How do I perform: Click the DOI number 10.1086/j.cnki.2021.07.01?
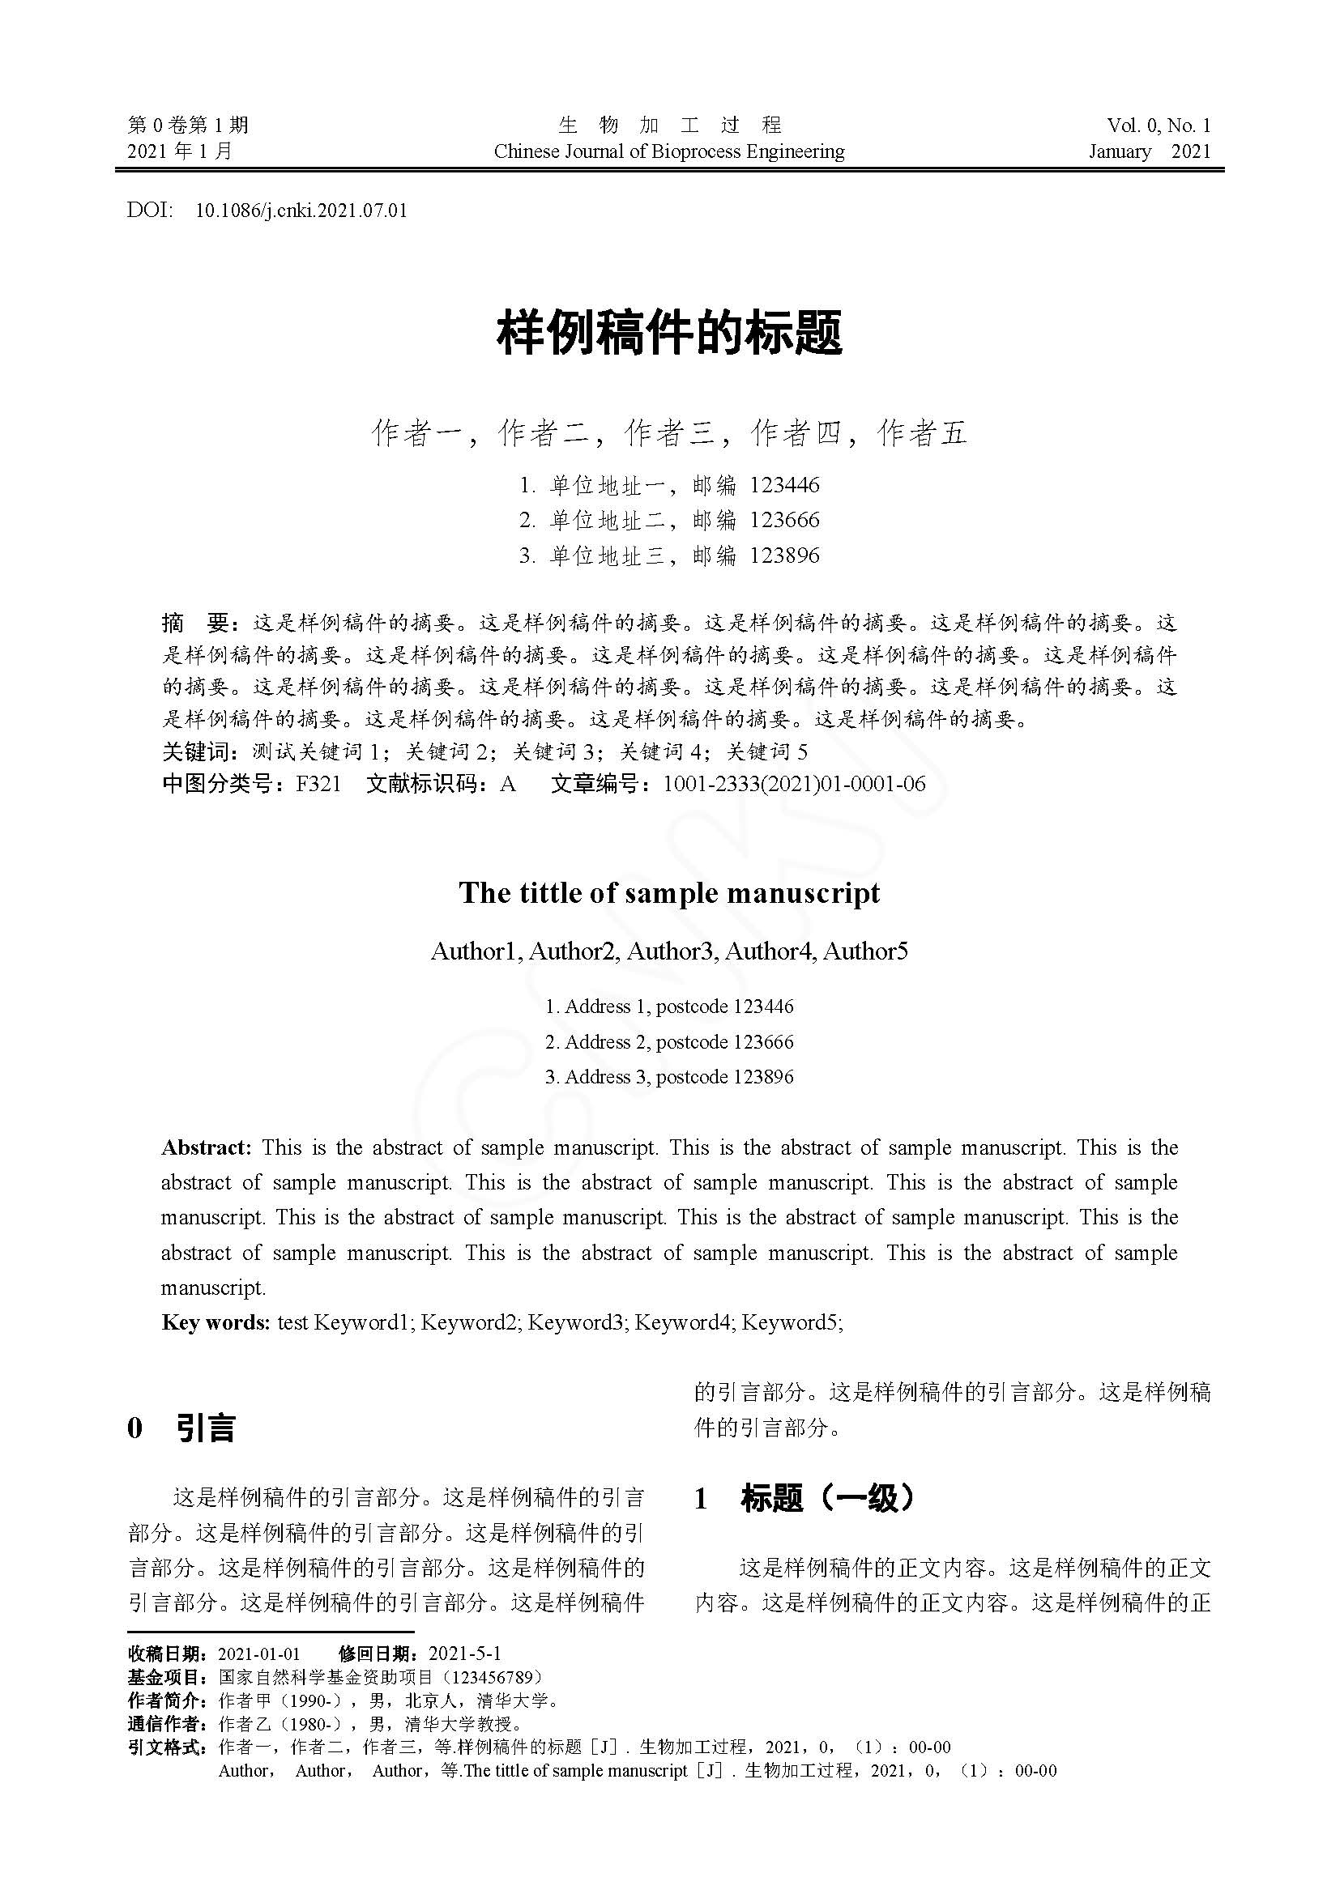click(301, 211)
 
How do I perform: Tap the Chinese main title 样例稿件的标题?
click(669, 333)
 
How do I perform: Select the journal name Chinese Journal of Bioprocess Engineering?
click(669, 151)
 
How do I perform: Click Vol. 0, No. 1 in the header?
click(1159, 126)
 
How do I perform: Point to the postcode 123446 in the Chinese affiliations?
click(785, 484)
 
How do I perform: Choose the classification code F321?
click(318, 784)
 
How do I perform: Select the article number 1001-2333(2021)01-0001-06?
click(794, 784)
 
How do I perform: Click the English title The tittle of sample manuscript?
click(669, 893)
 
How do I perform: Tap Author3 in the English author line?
click(669, 952)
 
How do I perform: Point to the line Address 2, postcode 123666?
click(669, 1042)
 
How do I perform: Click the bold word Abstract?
click(206, 1147)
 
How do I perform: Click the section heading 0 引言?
click(181, 1428)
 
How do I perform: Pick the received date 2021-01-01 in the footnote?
click(258, 1654)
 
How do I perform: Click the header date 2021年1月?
click(180, 151)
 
